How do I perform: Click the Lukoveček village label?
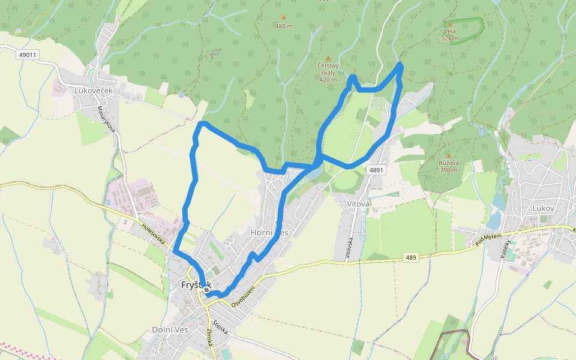94,91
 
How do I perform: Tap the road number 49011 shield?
28,55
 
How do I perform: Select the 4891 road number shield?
376,170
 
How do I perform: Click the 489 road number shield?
410,257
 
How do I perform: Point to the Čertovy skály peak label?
328,72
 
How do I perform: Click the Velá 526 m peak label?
450,34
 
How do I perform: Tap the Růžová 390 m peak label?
448,166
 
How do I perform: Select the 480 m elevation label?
284,26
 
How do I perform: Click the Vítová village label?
359,204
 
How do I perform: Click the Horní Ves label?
269,233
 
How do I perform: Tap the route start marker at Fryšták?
206,290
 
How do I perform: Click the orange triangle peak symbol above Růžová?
448,155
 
